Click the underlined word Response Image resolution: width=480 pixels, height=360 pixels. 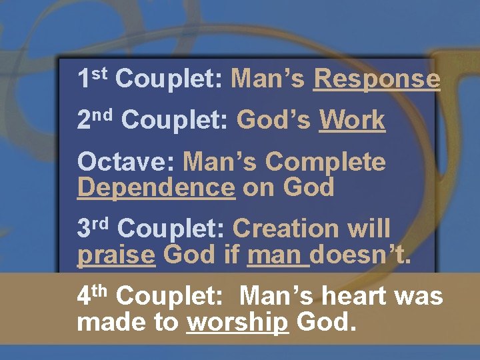(x=377, y=79)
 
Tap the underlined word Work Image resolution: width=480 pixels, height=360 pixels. (x=352, y=121)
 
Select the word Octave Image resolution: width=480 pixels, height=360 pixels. (x=127, y=162)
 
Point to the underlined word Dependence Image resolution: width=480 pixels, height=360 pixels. (x=156, y=188)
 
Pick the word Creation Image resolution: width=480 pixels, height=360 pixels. (x=286, y=229)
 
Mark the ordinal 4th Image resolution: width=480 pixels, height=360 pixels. (x=95, y=294)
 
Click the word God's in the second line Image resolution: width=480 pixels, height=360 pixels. (x=275, y=121)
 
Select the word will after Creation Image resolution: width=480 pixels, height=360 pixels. (x=368, y=229)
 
